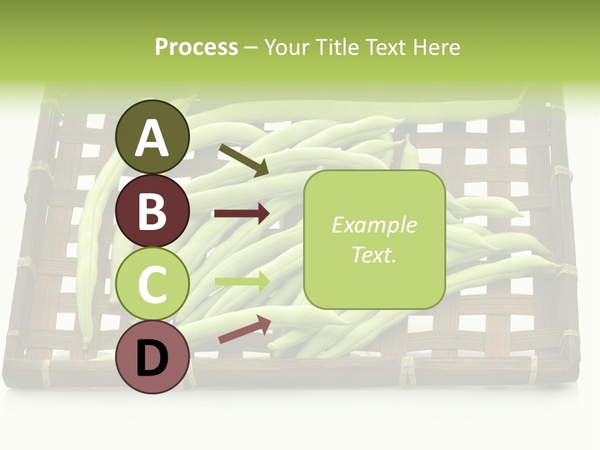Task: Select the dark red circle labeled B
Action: [x=152, y=211]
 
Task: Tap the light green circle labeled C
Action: [x=152, y=284]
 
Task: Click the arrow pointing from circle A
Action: [x=243, y=160]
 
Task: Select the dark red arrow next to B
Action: [x=242, y=214]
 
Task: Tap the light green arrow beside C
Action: [x=242, y=281]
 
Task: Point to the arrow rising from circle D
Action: [x=244, y=329]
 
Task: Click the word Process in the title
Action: [x=196, y=47]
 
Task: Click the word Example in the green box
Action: [x=374, y=225]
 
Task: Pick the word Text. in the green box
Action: [x=374, y=255]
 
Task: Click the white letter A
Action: [x=152, y=138]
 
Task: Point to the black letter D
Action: [x=152, y=358]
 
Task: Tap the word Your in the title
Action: [x=287, y=47]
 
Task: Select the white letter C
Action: [x=152, y=284]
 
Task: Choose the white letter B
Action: [x=152, y=211]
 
